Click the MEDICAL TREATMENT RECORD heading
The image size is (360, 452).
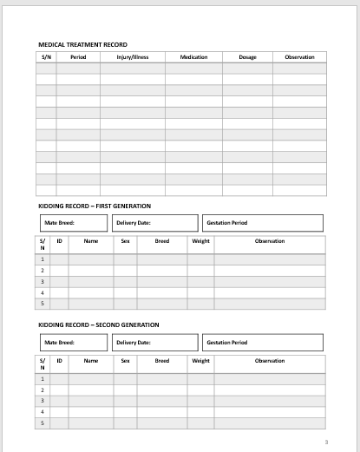coord(82,43)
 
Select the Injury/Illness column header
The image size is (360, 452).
coord(133,57)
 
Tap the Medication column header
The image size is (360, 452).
coord(193,57)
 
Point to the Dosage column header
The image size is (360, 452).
coord(247,57)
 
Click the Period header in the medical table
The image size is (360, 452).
coord(78,57)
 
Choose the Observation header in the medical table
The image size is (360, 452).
coord(299,57)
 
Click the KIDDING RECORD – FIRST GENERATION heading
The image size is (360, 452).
coord(95,206)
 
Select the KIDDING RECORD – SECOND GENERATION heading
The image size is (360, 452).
coord(99,324)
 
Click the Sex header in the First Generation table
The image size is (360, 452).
coord(125,240)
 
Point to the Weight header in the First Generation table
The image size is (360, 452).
coord(200,240)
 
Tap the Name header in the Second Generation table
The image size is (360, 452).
coord(90,359)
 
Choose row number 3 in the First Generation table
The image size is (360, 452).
coord(42,281)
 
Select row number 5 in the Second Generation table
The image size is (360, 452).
coord(42,423)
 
